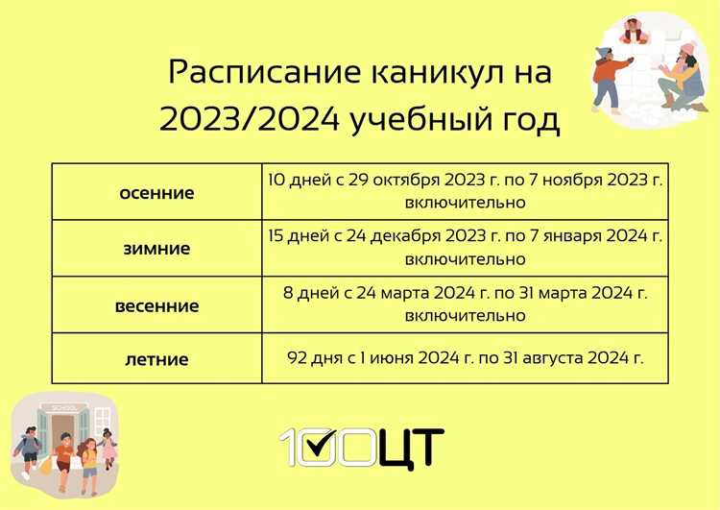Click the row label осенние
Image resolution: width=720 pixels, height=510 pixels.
click(156, 192)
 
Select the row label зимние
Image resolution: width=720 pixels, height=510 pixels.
click(156, 249)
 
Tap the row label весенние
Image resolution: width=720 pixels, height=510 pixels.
click(156, 305)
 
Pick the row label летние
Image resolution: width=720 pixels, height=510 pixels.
click(156, 360)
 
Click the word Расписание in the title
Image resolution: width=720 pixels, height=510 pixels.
click(252, 73)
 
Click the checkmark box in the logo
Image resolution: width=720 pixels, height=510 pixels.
click(337, 446)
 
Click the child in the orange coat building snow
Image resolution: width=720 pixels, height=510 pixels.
click(607, 78)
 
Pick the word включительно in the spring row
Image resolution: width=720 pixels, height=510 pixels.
click(466, 316)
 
